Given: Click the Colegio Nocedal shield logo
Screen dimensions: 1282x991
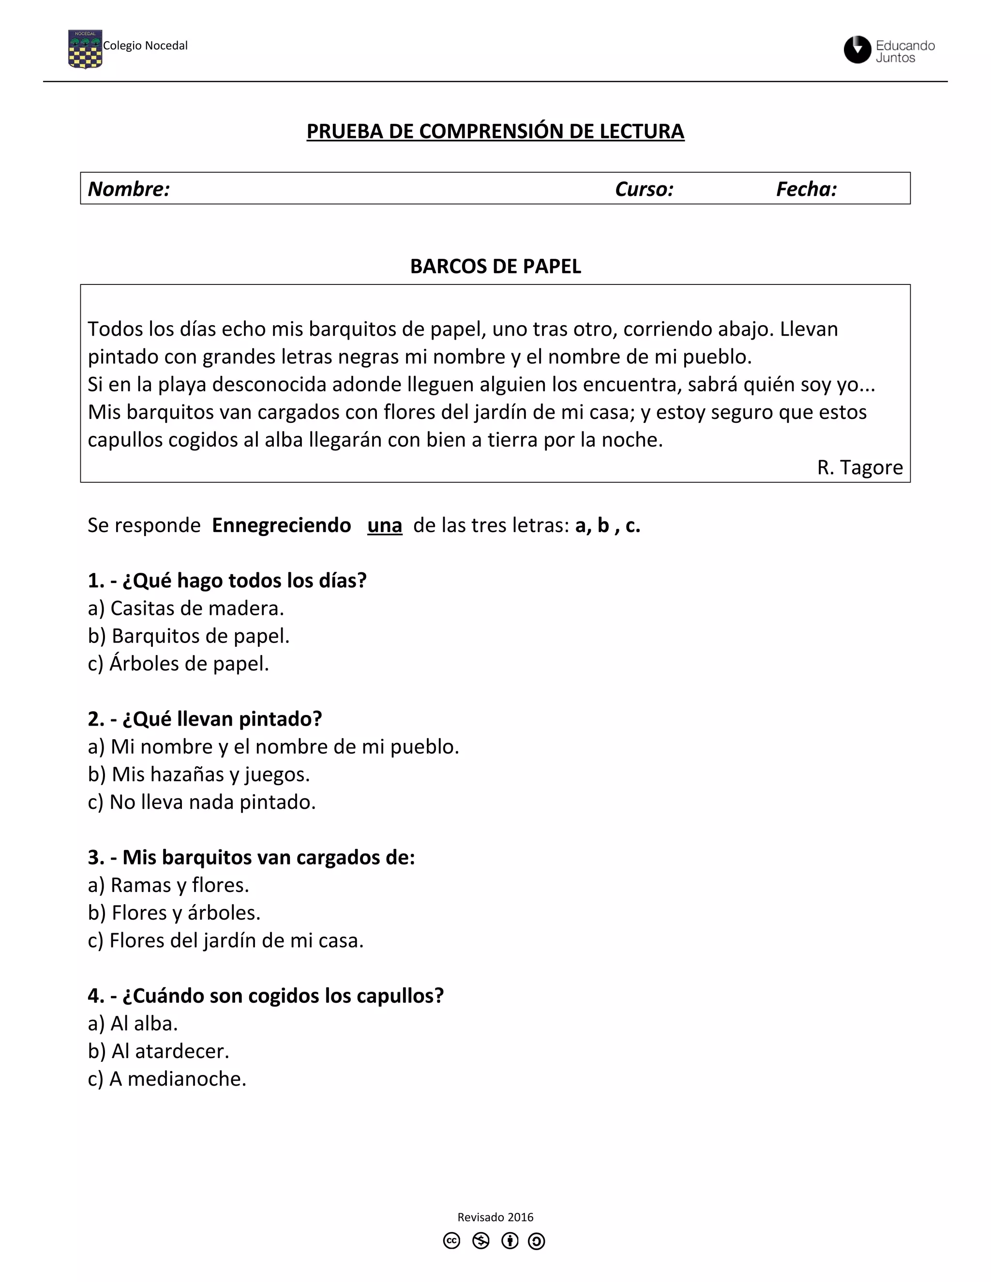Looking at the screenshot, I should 85,49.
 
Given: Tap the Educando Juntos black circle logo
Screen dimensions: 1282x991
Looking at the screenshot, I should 856,50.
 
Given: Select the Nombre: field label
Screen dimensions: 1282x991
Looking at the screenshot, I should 129,189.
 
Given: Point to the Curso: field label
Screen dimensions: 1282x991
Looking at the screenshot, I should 644,189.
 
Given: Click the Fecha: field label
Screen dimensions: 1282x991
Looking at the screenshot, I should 806,189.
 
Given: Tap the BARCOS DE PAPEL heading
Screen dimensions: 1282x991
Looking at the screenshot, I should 495,267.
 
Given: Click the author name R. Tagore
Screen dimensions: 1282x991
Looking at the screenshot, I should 859,467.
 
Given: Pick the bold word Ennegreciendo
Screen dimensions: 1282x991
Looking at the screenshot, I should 281,525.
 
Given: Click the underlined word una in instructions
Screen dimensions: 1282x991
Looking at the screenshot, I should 385,525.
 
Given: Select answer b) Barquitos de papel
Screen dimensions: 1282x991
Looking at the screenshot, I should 188,636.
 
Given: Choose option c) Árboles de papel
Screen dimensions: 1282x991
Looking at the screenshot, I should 178,663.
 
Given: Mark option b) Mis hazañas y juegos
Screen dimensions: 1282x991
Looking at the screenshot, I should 198,774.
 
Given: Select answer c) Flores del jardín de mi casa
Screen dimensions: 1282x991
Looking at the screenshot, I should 225,940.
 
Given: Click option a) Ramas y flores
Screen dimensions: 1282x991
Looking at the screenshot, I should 168,885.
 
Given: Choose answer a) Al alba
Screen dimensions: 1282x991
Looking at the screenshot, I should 133,1023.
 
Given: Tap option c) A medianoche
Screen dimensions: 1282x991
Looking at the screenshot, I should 167,1078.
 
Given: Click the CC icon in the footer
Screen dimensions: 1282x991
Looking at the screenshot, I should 451,1241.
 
